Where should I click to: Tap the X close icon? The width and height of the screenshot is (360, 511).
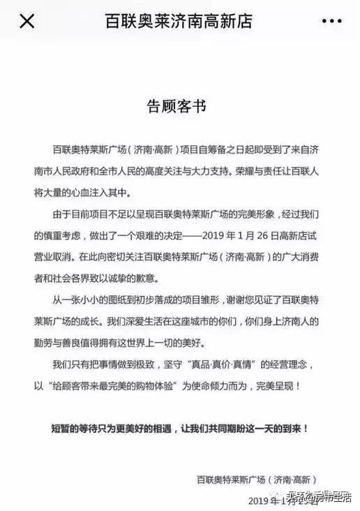(27, 21)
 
